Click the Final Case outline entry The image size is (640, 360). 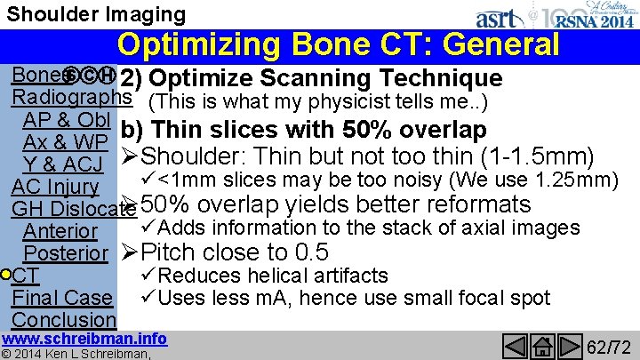tap(62, 297)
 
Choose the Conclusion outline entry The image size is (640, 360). tap(64, 319)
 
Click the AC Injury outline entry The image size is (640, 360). tap(55, 187)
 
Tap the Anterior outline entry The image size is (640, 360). tap(60, 231)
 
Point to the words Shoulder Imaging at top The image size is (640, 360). tap(97, 14)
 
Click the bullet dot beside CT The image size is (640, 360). tap(7, 274)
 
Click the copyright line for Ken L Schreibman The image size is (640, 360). tap(76, 354)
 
